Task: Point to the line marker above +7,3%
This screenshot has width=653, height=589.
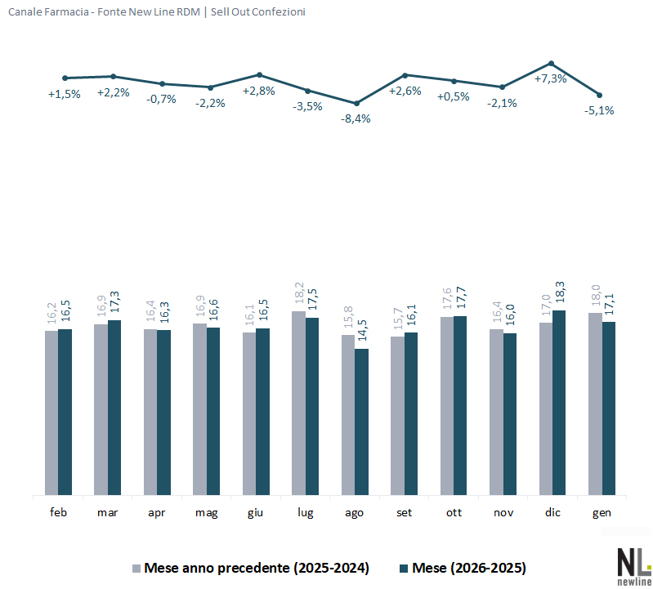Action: pos(552,63)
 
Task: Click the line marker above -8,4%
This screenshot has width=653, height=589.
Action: pos(356,104)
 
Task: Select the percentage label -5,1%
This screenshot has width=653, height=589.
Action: pos(600,110)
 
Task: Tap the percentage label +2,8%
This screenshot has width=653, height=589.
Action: pos(259,91)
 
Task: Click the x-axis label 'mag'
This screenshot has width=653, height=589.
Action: pos(206,512)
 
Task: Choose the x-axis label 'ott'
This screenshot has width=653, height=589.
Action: pos(454,512)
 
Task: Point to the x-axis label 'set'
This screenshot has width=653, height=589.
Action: pos(405,512)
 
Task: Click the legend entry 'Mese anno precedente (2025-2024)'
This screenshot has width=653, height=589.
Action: pos(256,568)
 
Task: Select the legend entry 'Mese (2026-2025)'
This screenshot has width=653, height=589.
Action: pos(469,568)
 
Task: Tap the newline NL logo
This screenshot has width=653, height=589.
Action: pos(634,563)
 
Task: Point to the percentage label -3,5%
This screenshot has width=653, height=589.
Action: pos(307,106)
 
